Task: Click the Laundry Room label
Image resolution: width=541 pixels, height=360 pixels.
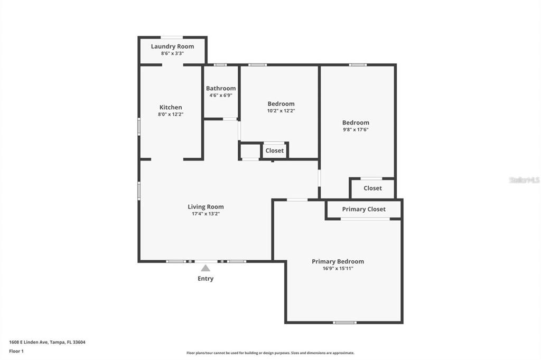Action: pyautogui.click(x=172, y=46)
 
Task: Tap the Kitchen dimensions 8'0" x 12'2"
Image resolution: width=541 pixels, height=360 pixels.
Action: pyautogui.click(x=171, y=114)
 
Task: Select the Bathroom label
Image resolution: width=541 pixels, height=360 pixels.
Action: pyautogui.click(x=221, y=88)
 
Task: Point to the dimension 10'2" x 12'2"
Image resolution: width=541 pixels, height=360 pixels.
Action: pyautogui.click(x=281, y=111)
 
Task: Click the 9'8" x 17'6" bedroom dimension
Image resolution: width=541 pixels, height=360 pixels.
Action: pyautogui.click(x=356, y=130)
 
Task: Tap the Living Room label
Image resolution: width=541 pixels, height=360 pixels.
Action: pyautogui.click(x=206, y=207)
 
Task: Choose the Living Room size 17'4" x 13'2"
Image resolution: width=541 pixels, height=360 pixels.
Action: pyautogui.click(x=206, y=214)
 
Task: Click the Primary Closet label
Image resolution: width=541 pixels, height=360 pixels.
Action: pyautogui.click(x=363, y=210)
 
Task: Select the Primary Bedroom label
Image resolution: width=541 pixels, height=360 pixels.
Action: pyautogui.click(x=338, y=261)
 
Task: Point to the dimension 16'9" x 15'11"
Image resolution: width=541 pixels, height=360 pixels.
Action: pyautogui.click(x=338, y=268)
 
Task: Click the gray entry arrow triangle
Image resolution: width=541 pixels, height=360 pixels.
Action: pyautogui.click(x=206, y=268)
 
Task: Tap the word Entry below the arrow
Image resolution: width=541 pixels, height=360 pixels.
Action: pyautogui.click(x=206, y=279)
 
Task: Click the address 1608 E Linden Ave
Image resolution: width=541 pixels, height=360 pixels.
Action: pyautogui.click(x=29, y=342)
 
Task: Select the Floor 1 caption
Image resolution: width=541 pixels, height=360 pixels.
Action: pyautogui.click(x=16, y=351)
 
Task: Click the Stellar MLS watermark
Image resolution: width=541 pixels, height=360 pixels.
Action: pyautogui.click(x=525, y=180)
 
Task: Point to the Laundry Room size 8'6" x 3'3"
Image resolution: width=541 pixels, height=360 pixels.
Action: pyautogui.click(x=172, y=53)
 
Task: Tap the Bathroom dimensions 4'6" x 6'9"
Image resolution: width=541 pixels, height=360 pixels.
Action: pyautogui.click(x=221, y=96)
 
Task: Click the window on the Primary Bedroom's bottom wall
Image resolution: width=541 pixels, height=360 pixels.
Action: pyautogui.click(x=344, y=323)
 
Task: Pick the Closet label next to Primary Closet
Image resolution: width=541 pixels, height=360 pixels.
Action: pyautogui.click(x=372, y=188)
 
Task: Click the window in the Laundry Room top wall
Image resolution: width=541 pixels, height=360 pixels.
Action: pyautogui.click(x=172, y=37)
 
